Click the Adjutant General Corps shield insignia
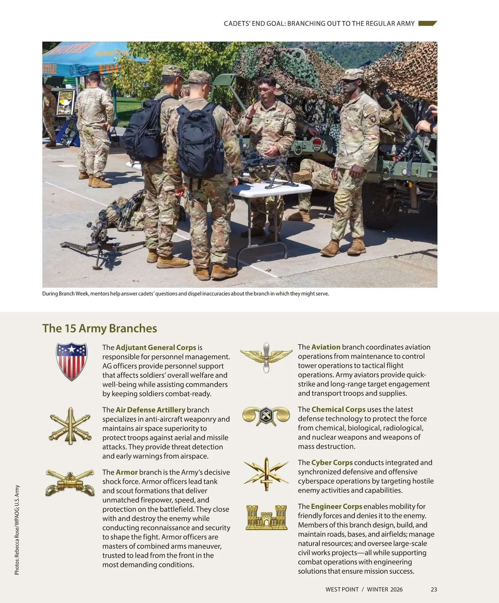pos(72,361)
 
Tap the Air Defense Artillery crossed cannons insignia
pos(70,425)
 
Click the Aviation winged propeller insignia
pos(266,357)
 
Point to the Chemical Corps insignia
pos(266,415)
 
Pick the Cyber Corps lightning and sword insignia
pos(266,474)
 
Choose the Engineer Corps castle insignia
pos(266,517)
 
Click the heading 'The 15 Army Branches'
pos(100,329)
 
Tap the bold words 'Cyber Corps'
pos(332,462)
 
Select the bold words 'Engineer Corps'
pos(336,507)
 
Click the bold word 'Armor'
pos(126,472)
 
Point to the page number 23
pos(434,589)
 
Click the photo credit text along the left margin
pos(17,530)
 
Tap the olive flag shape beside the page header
pos(427,23)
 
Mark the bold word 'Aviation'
pos(326,347)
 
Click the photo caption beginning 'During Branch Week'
pos(185,294)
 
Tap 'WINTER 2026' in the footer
pos(385,589)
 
